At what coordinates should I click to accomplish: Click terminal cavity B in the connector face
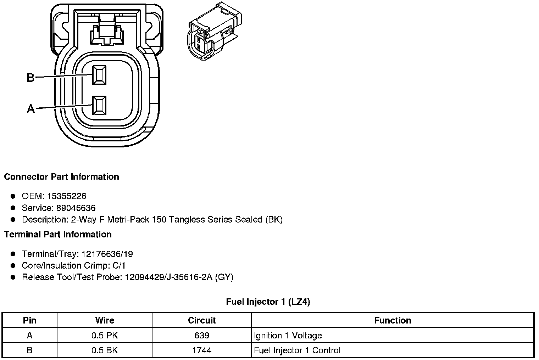tap(99, 75)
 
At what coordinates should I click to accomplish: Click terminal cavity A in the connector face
tap(99, 106)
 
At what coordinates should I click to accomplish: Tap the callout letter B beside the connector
tap(31, 77)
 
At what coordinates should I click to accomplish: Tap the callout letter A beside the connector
tap(31, 108)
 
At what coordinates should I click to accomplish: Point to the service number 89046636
tap(76, 208)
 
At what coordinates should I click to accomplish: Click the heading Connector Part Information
tap(61, 177)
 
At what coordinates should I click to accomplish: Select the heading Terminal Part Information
tap(58, 235)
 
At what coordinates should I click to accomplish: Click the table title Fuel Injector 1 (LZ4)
tap(268, 302)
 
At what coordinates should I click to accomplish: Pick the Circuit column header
tap(201, 320)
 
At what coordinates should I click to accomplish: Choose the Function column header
tap(393, 320)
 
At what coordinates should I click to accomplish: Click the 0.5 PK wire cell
tap(105, 335)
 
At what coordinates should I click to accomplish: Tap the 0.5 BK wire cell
tap(105, 350)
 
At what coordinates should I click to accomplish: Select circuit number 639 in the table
tap(201, 335)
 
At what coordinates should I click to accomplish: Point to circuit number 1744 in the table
tap(201, 350)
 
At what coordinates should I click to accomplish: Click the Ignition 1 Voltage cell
tap(288, 335)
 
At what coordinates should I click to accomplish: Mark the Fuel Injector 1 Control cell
tap(297, 350)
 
